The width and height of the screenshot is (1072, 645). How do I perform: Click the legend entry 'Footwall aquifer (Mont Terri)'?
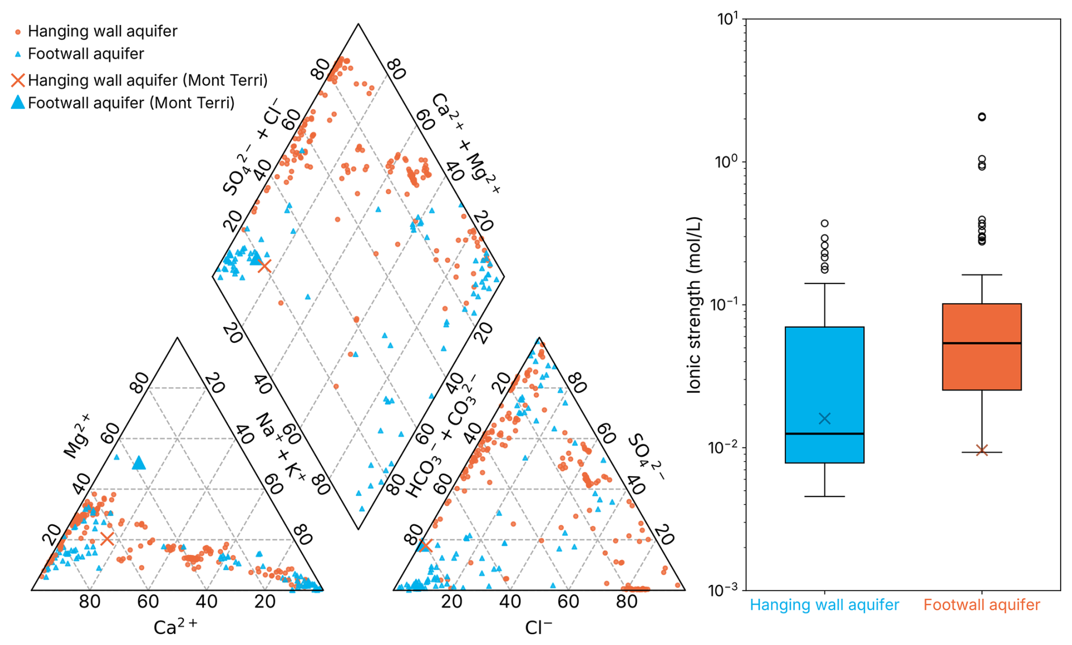point(131,103)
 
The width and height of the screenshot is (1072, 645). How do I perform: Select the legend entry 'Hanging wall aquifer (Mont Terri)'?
point(147,80)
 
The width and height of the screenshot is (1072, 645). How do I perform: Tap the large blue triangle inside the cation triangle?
point(139,464)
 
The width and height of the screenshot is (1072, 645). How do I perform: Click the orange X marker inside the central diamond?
point(264,265)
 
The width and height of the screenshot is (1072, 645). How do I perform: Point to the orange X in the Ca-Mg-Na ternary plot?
point(107,538)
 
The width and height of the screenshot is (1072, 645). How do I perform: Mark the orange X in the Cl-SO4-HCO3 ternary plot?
point(426,546)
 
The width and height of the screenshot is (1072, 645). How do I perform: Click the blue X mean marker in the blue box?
point(824,419)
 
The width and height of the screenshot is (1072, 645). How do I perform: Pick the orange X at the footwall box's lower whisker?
point(982,451)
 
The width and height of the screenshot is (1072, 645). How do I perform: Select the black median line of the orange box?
point(982,343)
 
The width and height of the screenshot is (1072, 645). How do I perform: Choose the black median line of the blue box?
point(824,434)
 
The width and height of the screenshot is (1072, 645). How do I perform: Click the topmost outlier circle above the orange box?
point(982,117)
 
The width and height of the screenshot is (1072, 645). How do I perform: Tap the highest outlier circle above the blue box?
point(825,223)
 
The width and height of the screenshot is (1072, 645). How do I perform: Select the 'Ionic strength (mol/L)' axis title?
point(695,304)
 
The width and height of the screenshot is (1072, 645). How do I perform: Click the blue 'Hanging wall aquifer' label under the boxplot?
point(824,605)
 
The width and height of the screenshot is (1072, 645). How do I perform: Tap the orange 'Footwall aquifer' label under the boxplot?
point(982,605)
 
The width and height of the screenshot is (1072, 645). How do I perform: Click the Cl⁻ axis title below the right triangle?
point(538,627)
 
